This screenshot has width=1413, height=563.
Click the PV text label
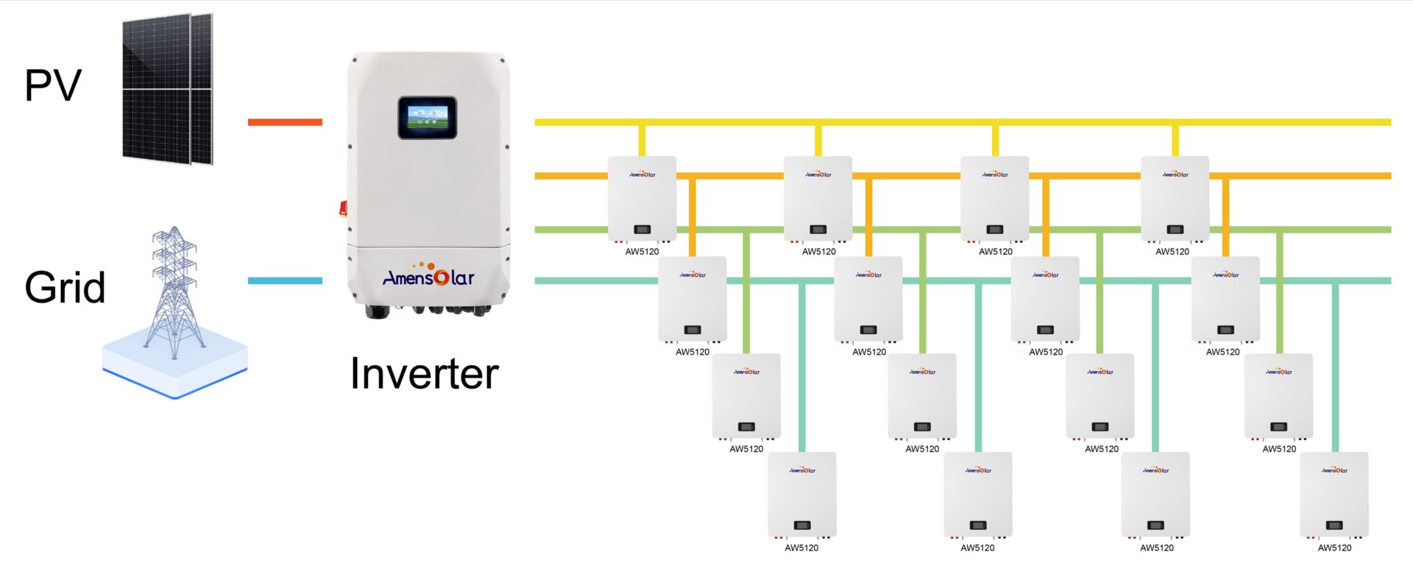(x=53, y=85)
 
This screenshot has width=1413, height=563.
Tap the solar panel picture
(x=168, y=88)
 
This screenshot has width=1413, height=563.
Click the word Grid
(x=65, y=287)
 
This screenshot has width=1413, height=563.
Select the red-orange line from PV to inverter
(x=285, y=122)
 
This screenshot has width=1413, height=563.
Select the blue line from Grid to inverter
(x=285, y=280)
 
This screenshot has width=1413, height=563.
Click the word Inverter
(x=424, y=374)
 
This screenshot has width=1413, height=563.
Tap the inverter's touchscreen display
(x=428, y=117)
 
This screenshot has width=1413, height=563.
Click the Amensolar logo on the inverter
(x=428, y=277)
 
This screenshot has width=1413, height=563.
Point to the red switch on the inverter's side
(x=343, y=208)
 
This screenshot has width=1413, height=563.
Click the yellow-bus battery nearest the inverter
(x=642, y=199)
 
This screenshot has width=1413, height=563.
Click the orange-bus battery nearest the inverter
(x=693, y=299)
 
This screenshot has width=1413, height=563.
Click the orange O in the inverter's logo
(x=441, y=277)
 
